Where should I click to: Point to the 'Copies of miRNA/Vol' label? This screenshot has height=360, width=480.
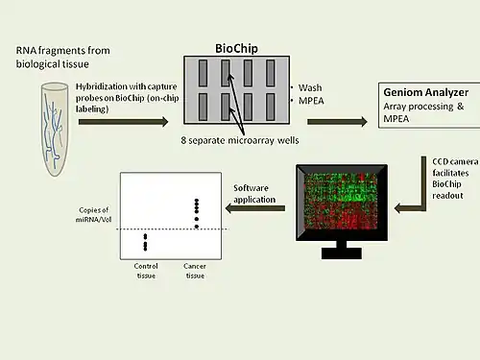pos(92,215)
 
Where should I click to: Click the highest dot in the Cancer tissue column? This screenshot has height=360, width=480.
pos(198,201)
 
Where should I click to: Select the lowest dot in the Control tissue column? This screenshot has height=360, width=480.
pos(146,249)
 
